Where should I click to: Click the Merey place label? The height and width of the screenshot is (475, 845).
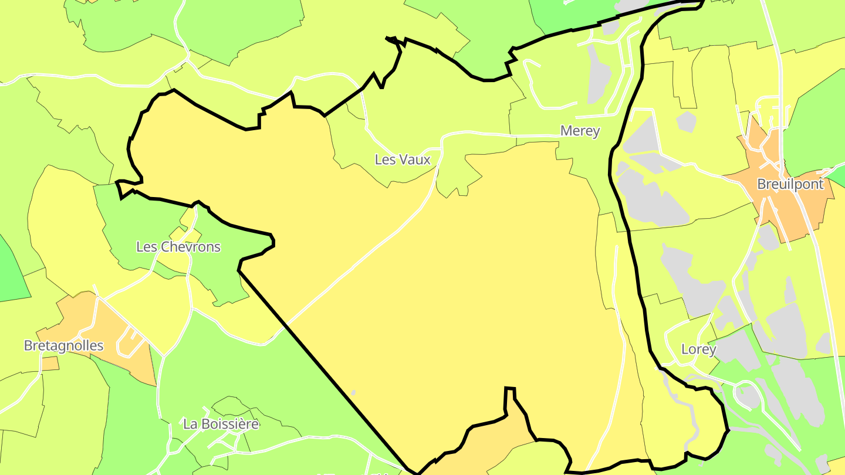(x=580, y=131)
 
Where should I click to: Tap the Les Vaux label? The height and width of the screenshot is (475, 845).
(x=403, y=160)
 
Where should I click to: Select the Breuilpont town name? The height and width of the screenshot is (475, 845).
(x=790, y=184)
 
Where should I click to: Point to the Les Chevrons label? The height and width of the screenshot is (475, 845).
(x=178, y=247)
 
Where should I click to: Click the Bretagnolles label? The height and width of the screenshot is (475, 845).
(x=63, y=346)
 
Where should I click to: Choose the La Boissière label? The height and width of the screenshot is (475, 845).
(x=221, y=423)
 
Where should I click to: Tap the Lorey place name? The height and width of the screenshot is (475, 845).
(x=698, y=350)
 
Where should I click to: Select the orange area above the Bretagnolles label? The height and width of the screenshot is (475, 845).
(x=82, y=317)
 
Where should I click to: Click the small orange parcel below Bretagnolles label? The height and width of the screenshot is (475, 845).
(x=50, y=364)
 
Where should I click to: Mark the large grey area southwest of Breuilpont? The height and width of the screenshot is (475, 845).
(x=651, y=199)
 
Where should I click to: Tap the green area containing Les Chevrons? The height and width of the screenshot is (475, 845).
(x=147, y=223)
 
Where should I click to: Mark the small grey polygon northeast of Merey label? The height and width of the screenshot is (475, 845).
(x=685, y=122)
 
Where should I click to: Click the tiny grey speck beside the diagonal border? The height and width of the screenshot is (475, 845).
(x=353, y=392)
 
